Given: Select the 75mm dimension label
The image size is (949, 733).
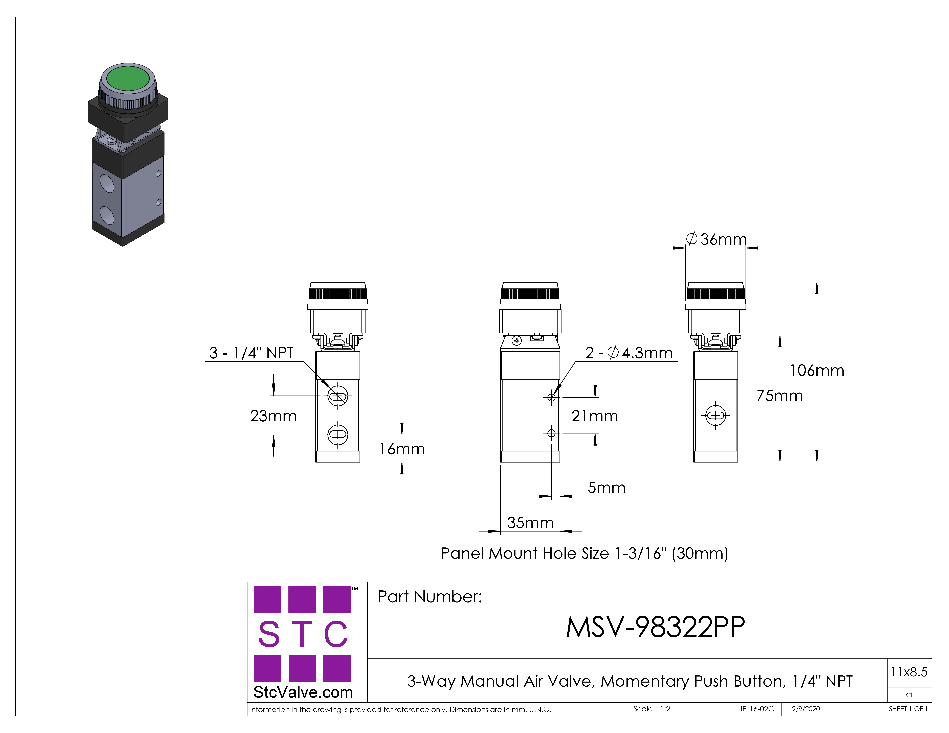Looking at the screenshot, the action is pyautogui.click(x=779, y=396).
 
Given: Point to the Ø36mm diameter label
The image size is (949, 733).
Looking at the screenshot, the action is pyautogui.click(x=716, y=239).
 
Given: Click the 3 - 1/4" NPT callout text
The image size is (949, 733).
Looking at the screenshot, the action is pyautogui.click(x=251, y=353).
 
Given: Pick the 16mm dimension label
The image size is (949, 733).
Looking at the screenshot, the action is pyautogui.click(x=402, y=449).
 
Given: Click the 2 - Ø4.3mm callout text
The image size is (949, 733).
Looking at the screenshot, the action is pyautogui.click(x=629, y=353).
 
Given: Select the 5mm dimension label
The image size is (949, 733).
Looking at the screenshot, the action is pyautogui.click(x=607, y=488).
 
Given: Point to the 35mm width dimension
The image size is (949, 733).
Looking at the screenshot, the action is pyautogui.click(x=530, y=522).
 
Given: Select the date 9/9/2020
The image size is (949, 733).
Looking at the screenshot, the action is pyautogui.click(x=806, y=709).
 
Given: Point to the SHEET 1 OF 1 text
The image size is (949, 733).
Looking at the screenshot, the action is pyautogui.click(x=908, y=709).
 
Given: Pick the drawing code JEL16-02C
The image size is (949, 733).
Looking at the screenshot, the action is pyautogui.click(x=756, y=709).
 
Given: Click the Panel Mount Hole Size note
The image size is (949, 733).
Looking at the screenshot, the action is pyautogui.click(x=584, y=553).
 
